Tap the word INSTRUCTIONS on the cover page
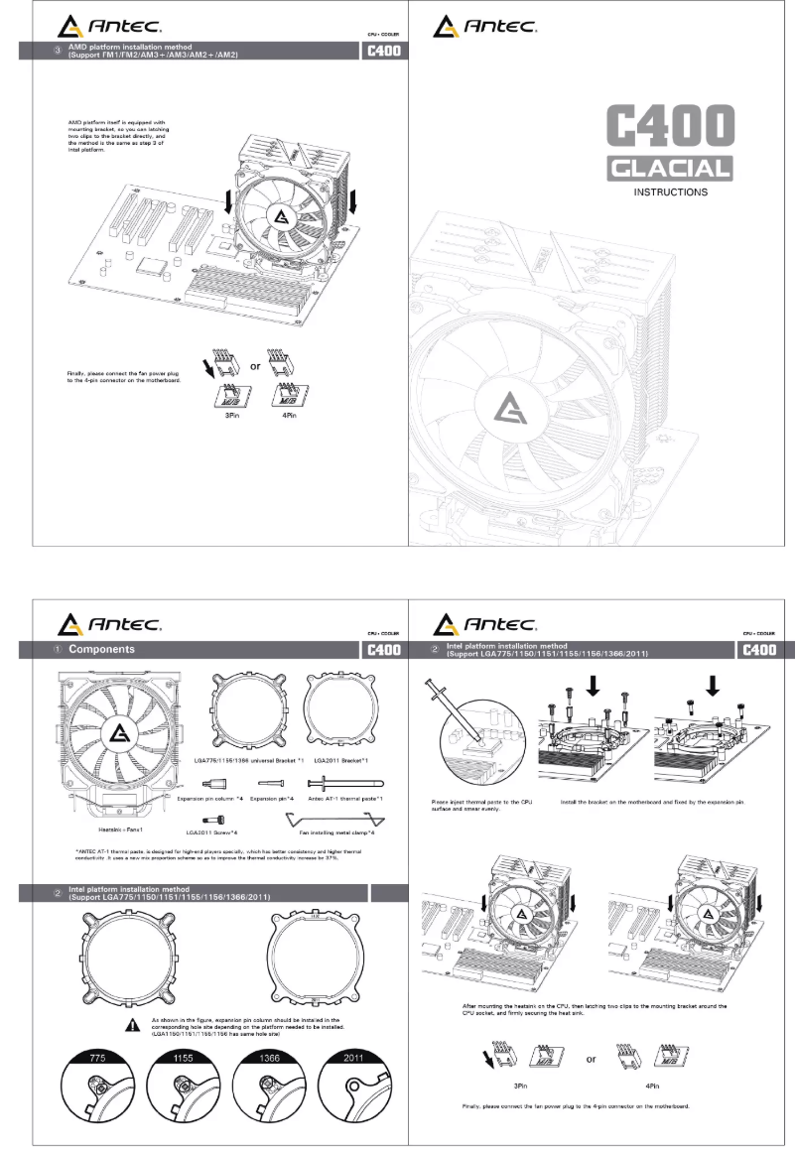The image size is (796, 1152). click(x=671, y=192)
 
